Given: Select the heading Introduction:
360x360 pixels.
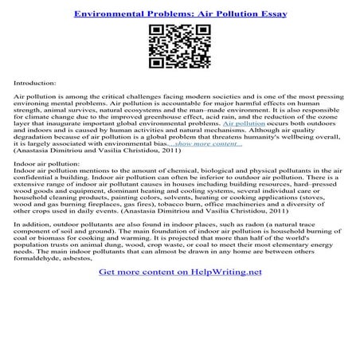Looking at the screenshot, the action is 34,82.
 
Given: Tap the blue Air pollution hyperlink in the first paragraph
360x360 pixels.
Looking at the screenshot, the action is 245,125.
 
